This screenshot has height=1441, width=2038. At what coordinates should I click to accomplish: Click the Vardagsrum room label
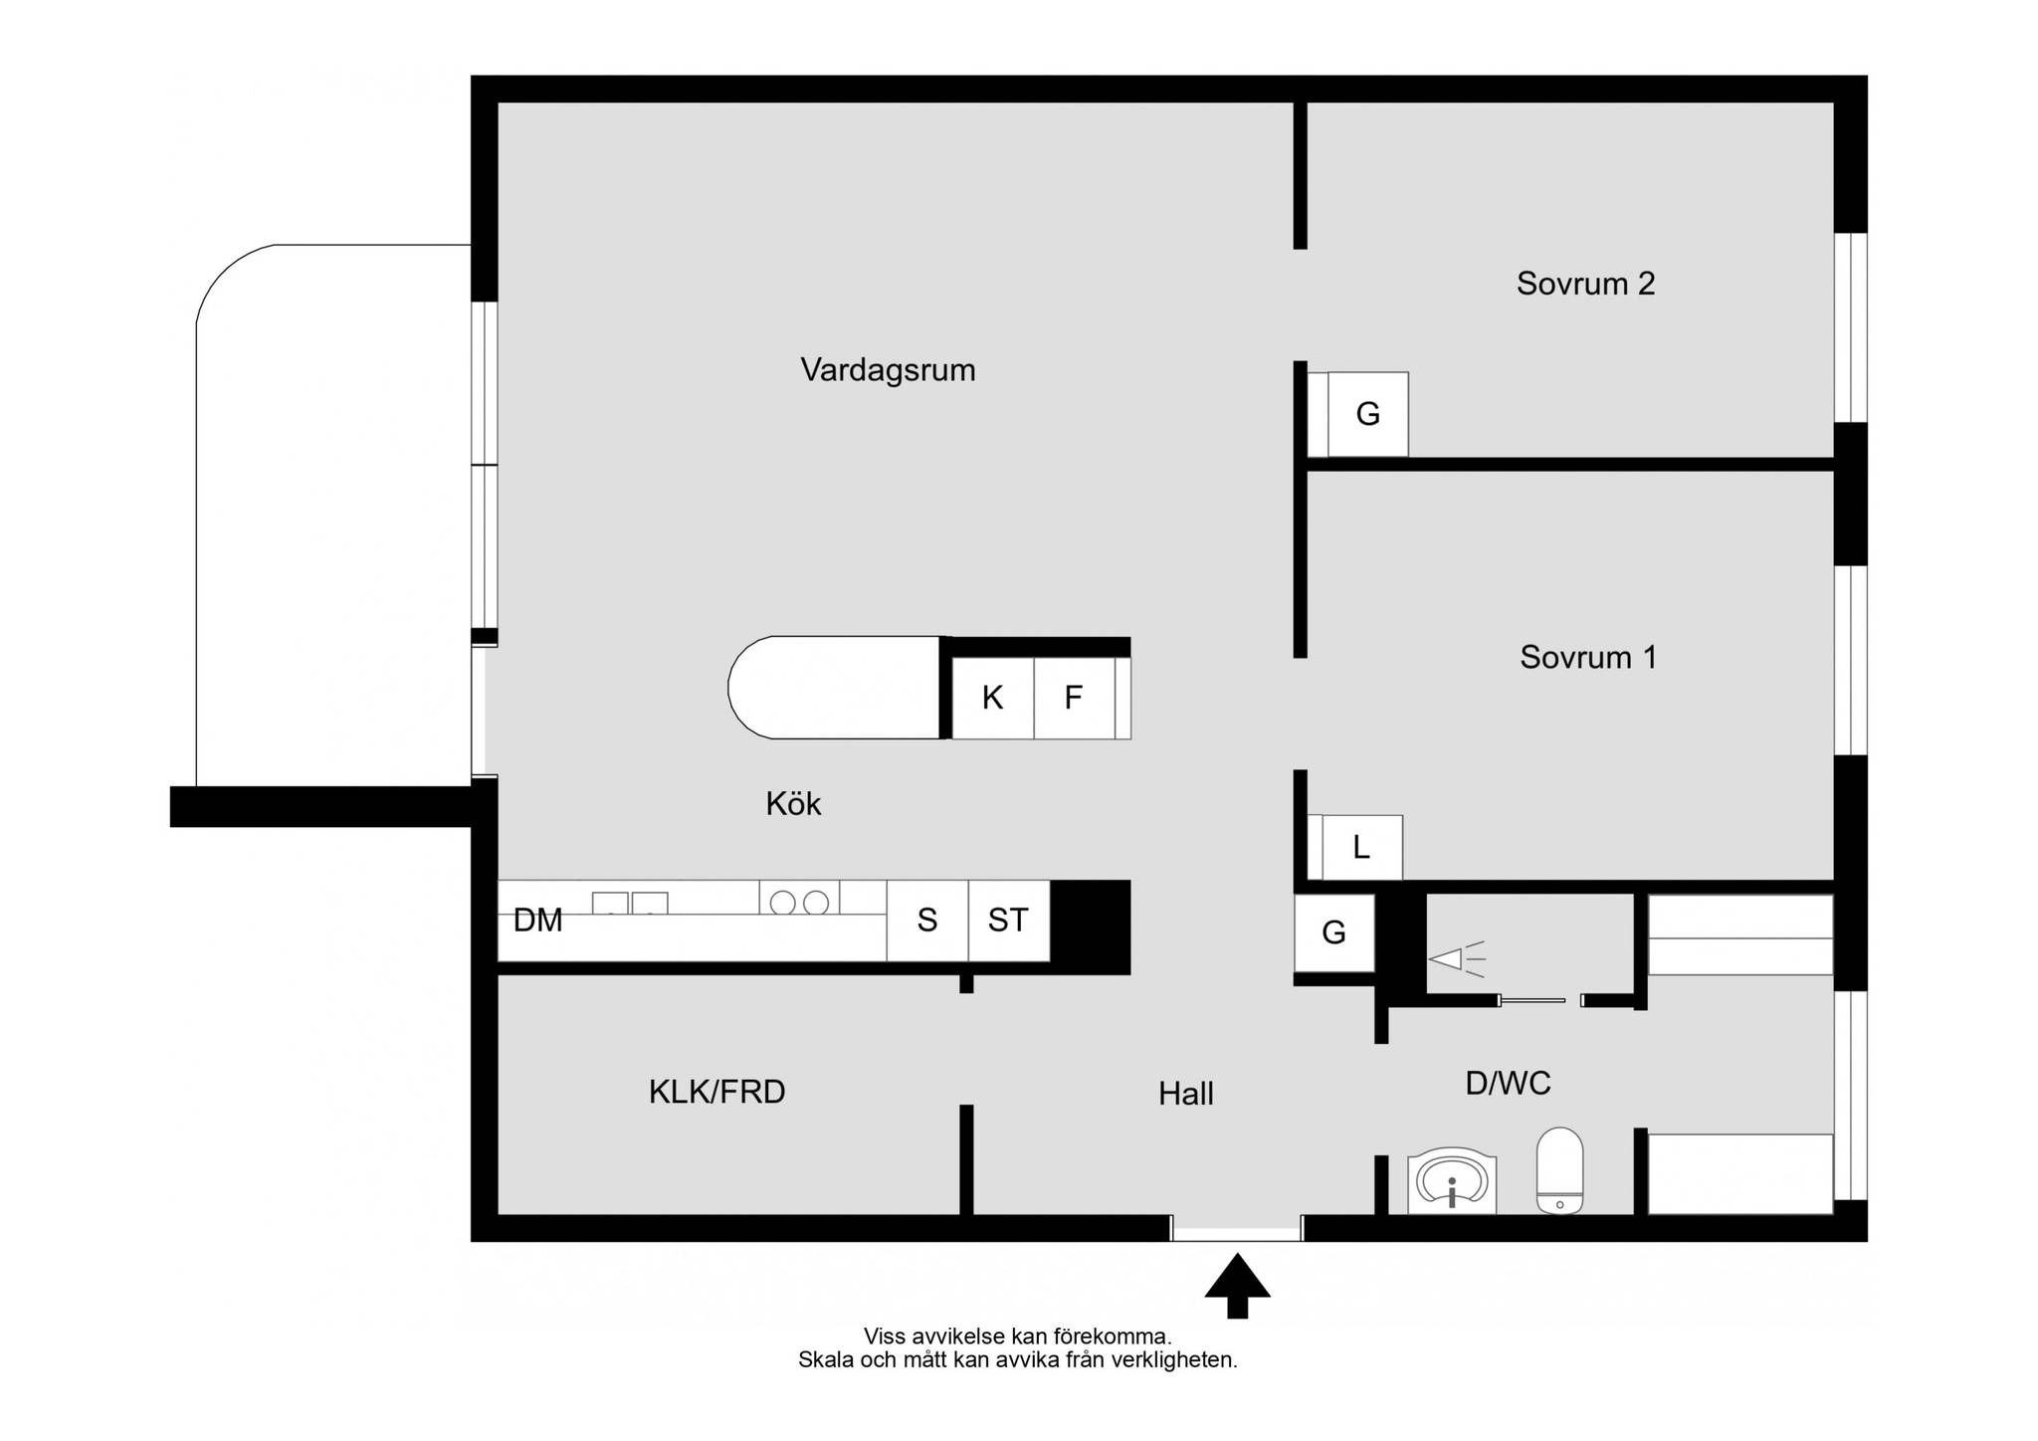pos(888,370)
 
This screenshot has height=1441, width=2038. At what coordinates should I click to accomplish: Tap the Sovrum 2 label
pos(1585,284)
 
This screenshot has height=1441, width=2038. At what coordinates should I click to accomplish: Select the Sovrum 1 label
pos(1588,657)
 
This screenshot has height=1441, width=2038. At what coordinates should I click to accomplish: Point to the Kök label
pos(793,803)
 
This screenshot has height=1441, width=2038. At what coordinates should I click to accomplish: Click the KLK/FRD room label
pos(716,1092)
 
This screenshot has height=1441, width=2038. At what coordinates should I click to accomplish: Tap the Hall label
pos(1185,1094)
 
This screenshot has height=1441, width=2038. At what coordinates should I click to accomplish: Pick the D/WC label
pos(1508,1083)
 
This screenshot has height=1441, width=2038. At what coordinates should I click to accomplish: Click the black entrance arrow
pos(1237,1286)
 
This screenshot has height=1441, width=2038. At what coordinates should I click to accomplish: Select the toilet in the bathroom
pos(1559,1170)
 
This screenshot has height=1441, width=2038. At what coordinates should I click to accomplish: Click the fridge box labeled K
pos(993,698)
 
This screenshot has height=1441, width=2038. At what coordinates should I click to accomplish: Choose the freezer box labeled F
pos(1074,698)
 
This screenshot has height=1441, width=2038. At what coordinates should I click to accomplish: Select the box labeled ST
pos(1008,921)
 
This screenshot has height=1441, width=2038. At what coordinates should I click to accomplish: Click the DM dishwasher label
pos(538,921)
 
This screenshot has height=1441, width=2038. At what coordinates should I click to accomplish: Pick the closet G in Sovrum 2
pos(1367,414)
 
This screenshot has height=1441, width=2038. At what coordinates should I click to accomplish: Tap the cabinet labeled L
pos(1361,847)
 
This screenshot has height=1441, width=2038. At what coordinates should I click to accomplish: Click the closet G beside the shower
pos(1333,932)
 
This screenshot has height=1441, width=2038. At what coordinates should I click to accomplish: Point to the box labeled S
pos(927,921)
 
